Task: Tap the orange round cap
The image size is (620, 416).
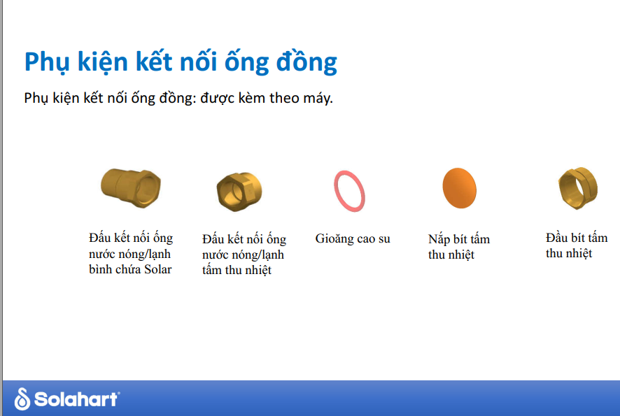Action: click(459, 188)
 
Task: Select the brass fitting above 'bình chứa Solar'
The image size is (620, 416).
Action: click(131, 187)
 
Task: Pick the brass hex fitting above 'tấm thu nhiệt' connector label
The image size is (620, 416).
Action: click(239, 192)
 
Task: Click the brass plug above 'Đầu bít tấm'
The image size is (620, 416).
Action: click(578, 187)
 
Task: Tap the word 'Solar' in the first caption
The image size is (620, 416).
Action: click(157, 269)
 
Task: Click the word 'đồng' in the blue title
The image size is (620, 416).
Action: click(307, 62)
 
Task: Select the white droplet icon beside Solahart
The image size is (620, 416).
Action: click(22, 399)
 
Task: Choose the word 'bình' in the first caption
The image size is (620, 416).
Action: click(100, 269)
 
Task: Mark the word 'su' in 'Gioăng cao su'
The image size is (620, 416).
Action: click(384, 239)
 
